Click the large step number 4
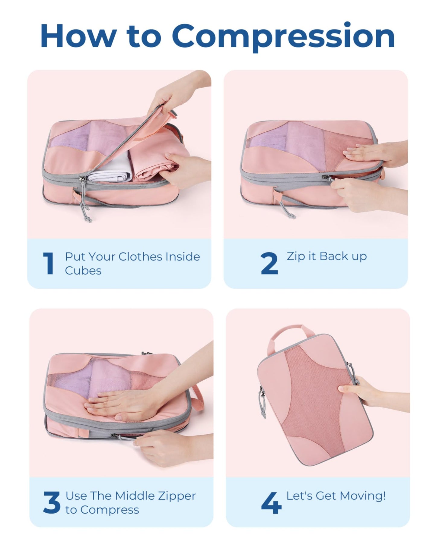[x=271, y=503]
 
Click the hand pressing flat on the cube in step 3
[x=118, y=404]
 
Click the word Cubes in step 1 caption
[x=83, y=271]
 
